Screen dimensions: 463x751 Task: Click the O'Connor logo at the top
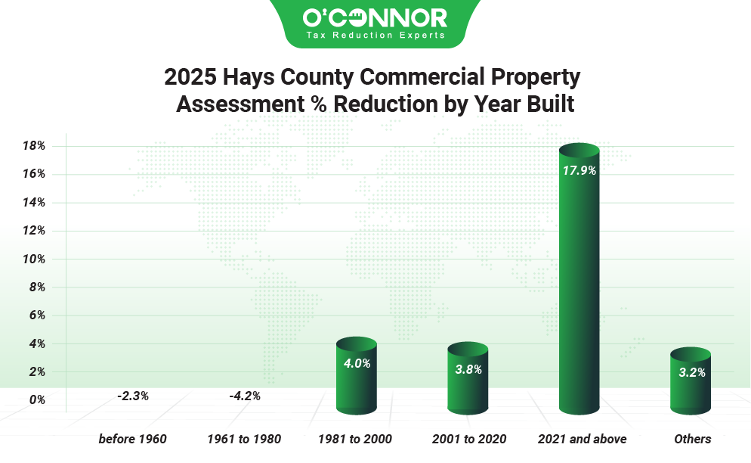click(x=375, y=17)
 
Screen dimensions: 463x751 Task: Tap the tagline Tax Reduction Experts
click(x=375, y=35)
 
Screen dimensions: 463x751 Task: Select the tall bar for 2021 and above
click(x=579, y=280)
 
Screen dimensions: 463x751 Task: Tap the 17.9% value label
click(x=579, y=170)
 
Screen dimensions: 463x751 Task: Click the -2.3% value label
click(x=133, y=395)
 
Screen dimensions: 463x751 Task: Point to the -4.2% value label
click(x=244, y=395)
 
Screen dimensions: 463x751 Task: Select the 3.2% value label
click(x=691, y=371)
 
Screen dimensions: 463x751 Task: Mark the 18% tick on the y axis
click(x=34, y=145)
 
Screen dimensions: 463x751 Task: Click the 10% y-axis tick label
click(x=34, y=259)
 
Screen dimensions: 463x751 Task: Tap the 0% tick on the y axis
click(x=37, y=400)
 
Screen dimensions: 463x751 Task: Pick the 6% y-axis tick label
click(x=37, y=315)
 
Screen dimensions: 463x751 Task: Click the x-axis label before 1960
click(x=132, y=439)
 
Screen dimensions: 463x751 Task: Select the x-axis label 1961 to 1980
click(x=244, y=439)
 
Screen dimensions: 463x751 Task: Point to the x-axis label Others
click(x=693, y=439)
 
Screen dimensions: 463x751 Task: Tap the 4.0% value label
click(x=356, y=363)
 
